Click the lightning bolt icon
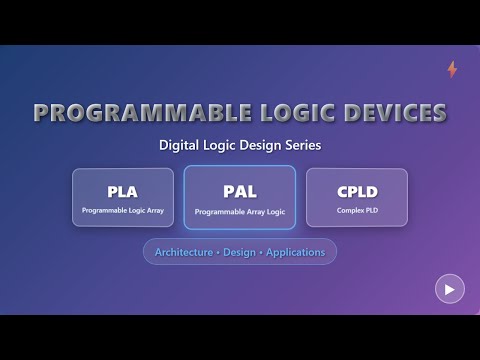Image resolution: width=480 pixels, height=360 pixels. [452, 70]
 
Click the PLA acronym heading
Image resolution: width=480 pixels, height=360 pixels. [123, 191]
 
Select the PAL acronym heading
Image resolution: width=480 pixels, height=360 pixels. [239, 191]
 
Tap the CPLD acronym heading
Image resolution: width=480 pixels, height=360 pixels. [356, 191]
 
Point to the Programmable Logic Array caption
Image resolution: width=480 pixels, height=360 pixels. [123, 211]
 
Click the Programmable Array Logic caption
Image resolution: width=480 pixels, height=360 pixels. [239, 212]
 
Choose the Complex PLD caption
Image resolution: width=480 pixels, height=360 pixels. [356, 211]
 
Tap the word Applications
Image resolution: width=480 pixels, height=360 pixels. [298, 252]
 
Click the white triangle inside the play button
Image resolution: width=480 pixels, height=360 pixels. [450, 289]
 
